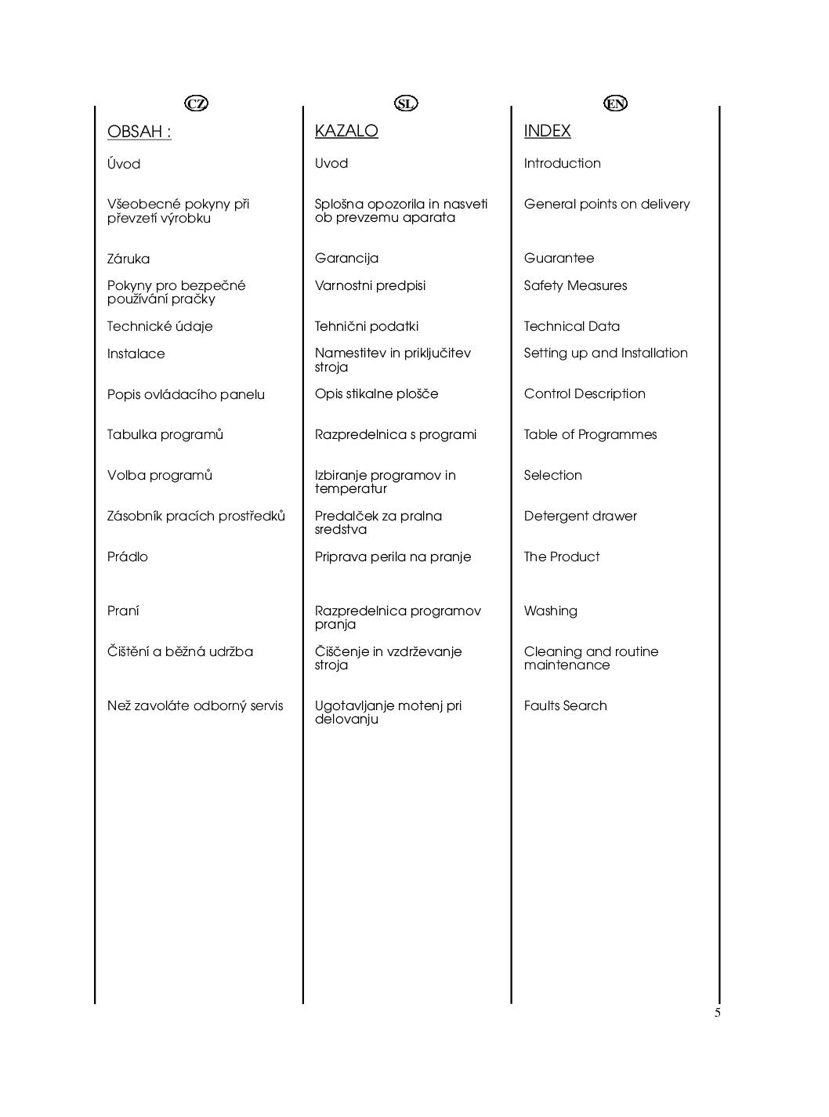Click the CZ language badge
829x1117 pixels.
tap(197, 103)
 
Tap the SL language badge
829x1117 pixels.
tap(406, 103)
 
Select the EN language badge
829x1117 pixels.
tap(616, 103)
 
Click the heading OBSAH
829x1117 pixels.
tap(139, 132)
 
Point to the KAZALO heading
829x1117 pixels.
tap(346, 131)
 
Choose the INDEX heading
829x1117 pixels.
tap(547, 131)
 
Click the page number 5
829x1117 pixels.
tap(717, 1013)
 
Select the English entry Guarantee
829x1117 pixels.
tap(559, 258)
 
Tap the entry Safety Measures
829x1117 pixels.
tap(575, 285)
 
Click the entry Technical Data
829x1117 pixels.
tap(571, 326)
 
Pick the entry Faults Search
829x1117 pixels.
tap(565, 705)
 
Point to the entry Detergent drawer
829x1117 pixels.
tap(580, 516)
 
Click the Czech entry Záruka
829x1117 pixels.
tap(128, 259)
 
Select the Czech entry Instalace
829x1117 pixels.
tap(136, 354)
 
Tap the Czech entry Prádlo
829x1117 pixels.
tap(127, 557)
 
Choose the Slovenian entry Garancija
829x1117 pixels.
tap(346, 258)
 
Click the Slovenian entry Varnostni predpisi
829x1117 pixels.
tap(370, 285)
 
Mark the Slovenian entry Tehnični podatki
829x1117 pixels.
tap(366, 326)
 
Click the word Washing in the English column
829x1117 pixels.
tap(550, 611)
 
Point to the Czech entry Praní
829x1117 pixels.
tap(123, 611)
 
